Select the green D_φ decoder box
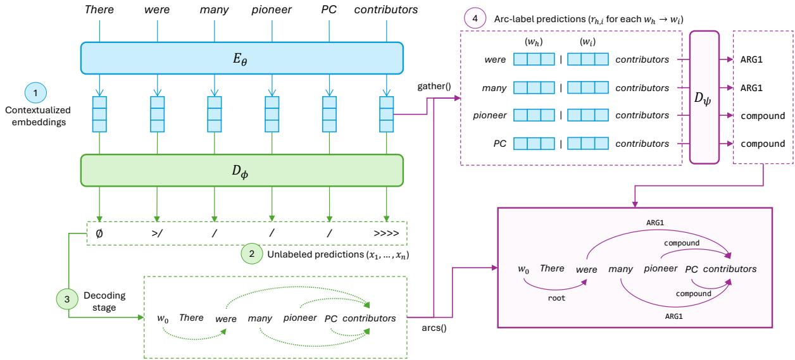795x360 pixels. point(241,170)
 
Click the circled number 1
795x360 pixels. point(36,93)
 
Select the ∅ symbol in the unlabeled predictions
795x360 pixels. point(99,234)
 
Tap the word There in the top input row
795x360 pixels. point(100,10)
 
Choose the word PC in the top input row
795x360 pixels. point(329,10)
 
